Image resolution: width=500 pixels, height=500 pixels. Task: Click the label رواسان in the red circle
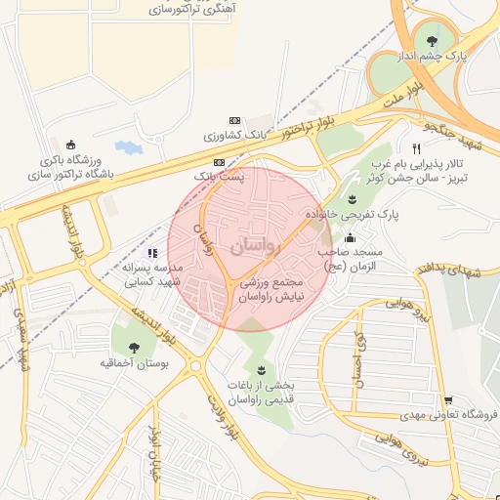click(256, 247)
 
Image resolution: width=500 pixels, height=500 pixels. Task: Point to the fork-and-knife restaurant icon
click(417, 148)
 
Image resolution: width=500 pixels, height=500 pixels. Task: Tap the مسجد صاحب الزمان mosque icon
click(350, 237)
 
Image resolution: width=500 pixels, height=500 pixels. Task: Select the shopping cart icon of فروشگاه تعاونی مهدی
click(447, 400)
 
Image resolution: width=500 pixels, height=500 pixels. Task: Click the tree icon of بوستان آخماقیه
click(133, 347)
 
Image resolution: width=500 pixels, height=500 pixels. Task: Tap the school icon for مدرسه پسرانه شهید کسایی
click(151, 253)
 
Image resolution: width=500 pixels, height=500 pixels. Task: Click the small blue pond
click(127, 148)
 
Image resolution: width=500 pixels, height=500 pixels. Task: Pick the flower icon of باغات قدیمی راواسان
click(261, 369)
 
